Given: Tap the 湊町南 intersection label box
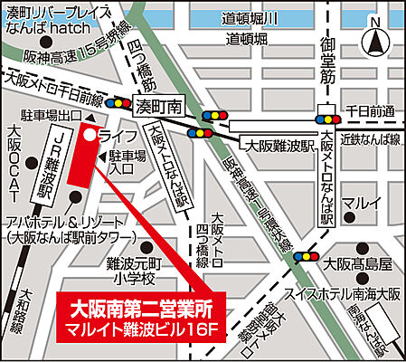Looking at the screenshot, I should coord(158,107).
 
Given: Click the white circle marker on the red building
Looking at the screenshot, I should coord(90,133).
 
